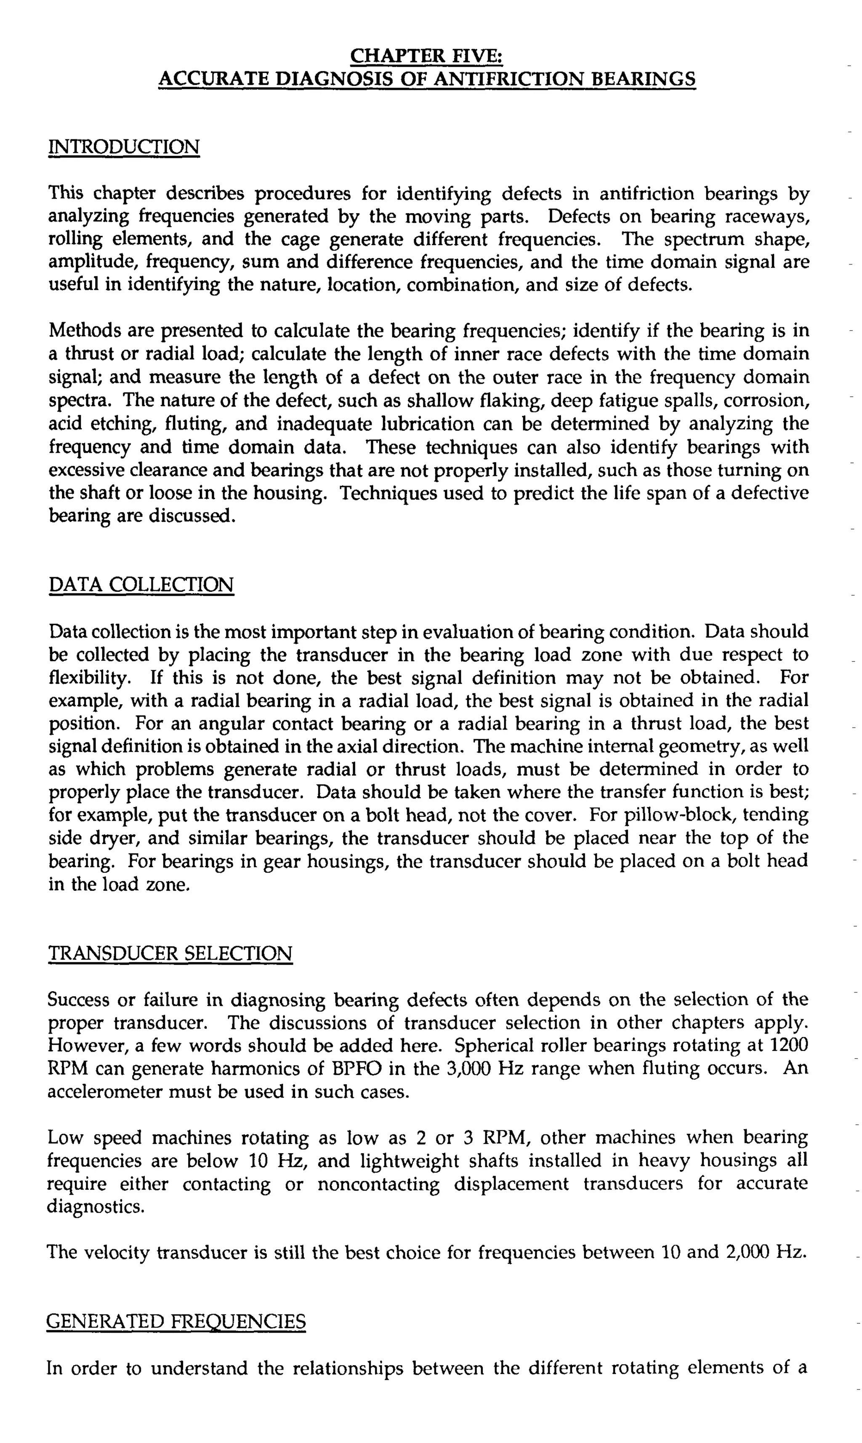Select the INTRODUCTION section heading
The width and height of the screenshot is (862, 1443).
(124, 147)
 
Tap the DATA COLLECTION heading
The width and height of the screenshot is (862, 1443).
(141, 585)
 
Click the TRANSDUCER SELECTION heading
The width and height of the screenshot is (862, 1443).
(170, 953)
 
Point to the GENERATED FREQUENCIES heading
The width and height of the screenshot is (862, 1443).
(176, 1322)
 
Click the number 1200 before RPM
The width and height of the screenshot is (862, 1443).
(788, 1045)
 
